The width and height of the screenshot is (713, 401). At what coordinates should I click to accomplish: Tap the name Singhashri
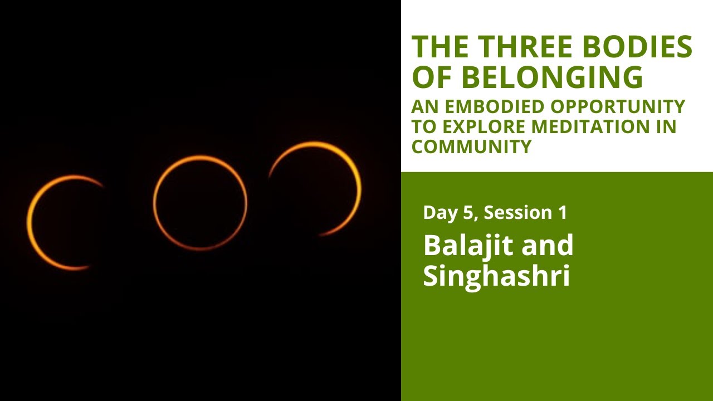[x=496, y=276]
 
